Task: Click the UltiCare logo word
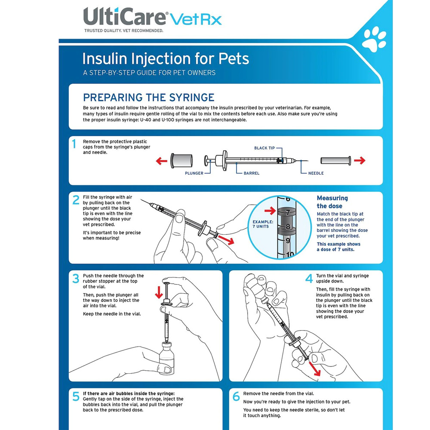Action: [125, 17]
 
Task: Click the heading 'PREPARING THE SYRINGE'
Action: [148, 97]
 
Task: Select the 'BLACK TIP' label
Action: [264, 148]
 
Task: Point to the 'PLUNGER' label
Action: [194, 173]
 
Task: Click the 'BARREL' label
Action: [251, 173]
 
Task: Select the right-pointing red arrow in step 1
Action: [359, 161]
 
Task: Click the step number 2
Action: [76, 200]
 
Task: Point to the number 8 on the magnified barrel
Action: [288, 227]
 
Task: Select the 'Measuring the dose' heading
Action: [332, 202]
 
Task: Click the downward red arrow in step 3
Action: [159, 292]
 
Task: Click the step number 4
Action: [309, 279]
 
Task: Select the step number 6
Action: [236, 396]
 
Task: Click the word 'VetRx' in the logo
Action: [196, 19]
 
